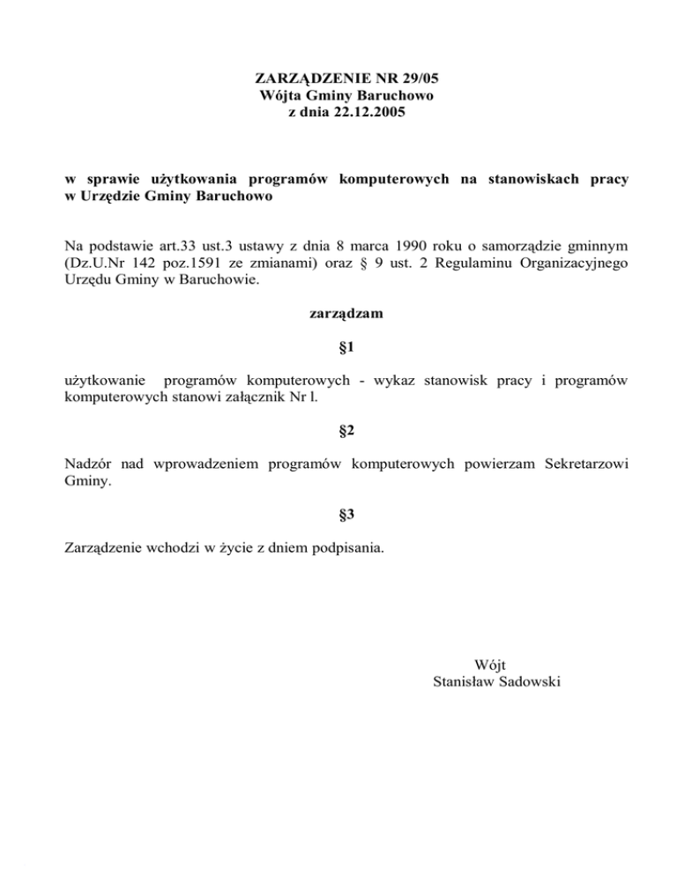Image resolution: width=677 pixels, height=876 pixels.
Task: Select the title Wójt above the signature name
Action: [490, 664]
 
